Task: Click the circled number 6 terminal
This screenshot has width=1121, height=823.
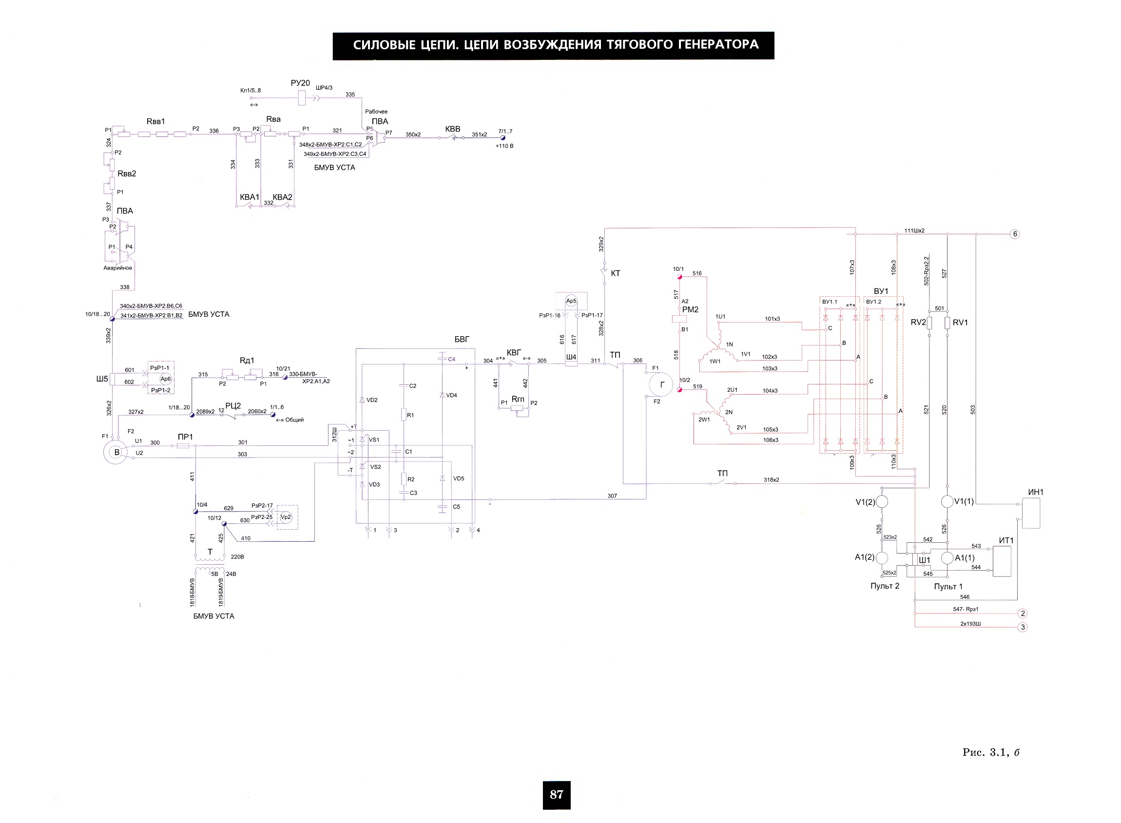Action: tap(1014, 234)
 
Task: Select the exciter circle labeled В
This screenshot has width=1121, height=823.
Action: tap(116, 452)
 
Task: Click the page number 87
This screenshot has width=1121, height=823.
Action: tap(556, 794)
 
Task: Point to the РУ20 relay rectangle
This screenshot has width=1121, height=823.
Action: tap(301, 97)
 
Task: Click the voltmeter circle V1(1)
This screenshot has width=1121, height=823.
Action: tap(947, 501)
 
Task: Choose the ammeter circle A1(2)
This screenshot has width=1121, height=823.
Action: tap(882, 557)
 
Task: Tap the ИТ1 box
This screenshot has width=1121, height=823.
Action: tap(1002, 561)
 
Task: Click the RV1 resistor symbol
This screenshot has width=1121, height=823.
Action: tap(947, 323)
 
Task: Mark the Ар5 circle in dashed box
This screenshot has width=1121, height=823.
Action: tap(571, 301)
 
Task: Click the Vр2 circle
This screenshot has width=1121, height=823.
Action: tap(286, 517)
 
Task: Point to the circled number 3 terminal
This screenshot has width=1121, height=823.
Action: tap(1023, 627)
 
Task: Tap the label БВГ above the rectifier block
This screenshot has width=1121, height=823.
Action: tap(462, 339)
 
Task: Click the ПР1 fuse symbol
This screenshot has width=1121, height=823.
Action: tap(183, 446)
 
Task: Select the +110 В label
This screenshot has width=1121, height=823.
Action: tap(504, 146)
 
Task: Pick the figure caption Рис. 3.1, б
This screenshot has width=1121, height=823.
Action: tap(991, 752)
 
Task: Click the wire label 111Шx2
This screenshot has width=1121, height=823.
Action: tap(914, 230)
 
